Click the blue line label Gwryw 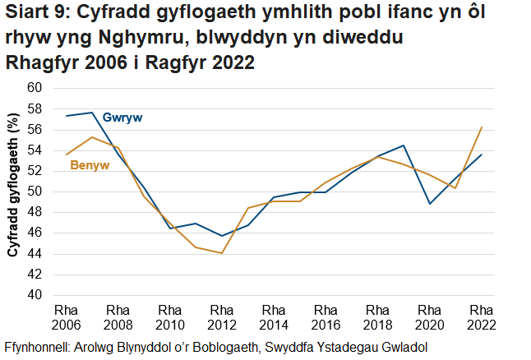click(x=123, y=118)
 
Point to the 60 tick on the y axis click(x=34, y=88)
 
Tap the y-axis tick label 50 click(x=34, y=192)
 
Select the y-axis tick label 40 click(x=34, y=295)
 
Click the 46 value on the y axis click(x=34, y=233)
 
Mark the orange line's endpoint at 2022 click(x=481, y=127)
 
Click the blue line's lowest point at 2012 click(x=222, y=236)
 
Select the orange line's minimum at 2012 click(x=222, y=253)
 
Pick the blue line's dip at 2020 click(x=430, y=203)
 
